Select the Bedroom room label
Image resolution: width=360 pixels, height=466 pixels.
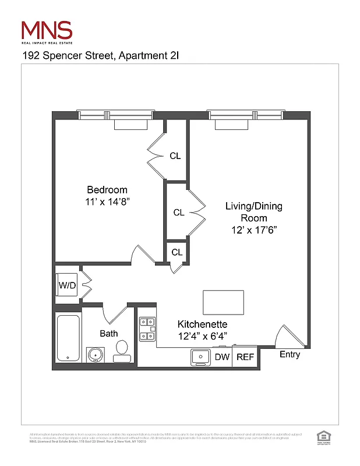(x=107, y=190)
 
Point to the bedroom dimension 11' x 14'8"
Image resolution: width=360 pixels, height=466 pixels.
(x=107, y=202)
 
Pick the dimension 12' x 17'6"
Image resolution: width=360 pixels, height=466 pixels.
(x=253, y=230)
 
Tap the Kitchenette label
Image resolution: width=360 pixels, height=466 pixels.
(x=202, y=324)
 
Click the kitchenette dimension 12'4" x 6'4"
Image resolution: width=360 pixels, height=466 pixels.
(x=202, y=336)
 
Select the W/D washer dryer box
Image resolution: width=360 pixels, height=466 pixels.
(x=66, y=286)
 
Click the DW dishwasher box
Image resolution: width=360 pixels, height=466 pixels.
(x=222, y=357)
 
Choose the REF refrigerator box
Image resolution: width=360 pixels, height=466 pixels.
(x=245, y=357)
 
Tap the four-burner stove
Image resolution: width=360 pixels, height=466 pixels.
(x=146, y=329)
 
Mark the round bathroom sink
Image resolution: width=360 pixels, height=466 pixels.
(x=95, y=354)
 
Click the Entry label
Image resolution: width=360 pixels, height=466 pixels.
(x=290, y=355)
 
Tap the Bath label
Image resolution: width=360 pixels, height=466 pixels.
(x=108, y=334)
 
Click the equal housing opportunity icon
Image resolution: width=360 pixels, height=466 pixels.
(x=321, y=436)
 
